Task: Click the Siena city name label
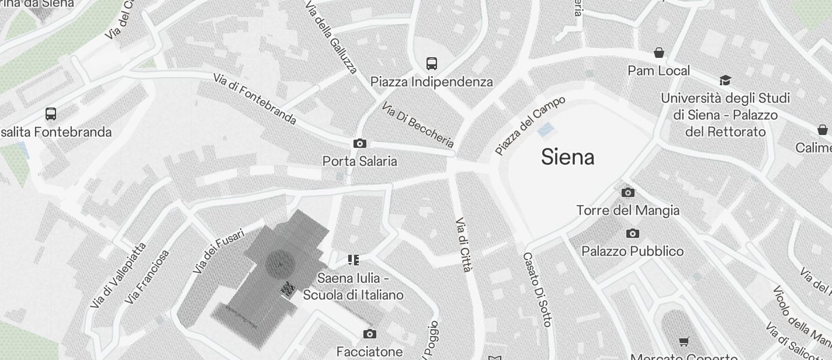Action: (567, 157)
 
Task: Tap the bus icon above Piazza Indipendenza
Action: (432, 63)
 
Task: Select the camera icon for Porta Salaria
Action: (360, 143)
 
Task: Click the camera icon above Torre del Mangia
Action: (628, 192)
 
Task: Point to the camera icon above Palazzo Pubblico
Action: (632, 234)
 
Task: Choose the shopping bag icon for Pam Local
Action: (659, 53)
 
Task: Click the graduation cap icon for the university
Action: (725, 80)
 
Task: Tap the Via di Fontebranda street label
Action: (255, 99)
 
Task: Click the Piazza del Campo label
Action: (530, 125)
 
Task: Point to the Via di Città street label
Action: (463, 244)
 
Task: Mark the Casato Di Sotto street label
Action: (536, 289)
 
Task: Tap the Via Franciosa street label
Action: (148, 276)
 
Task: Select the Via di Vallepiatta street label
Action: (118, 275)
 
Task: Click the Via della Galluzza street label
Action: (331, 36)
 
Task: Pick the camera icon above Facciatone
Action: (369, 334)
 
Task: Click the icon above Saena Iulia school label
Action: (353, 259)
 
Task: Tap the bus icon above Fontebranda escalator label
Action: (51, 114)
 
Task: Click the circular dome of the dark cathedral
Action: (280, 264)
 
